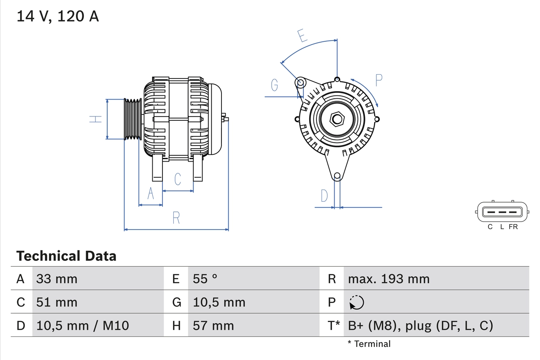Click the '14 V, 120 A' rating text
[58, 16]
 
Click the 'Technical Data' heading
[66, 256]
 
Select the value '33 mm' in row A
[57, 279]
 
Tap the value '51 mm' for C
[57, 302]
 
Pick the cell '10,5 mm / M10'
[83, 325]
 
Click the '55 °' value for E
[205, 279]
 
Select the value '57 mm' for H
[213, 325]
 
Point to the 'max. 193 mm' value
[389, 279]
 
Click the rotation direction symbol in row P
[356, 302]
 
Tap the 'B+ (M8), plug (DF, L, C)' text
[420, 325]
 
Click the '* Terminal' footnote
[369, 344]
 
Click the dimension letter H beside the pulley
[97, 119]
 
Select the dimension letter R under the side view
[176, 218]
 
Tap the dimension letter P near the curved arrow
[378, 80]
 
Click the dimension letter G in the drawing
[275, 85]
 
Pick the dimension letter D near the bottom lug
[324, 196]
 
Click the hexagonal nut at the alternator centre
[337, 119]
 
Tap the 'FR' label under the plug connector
[513, 227]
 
